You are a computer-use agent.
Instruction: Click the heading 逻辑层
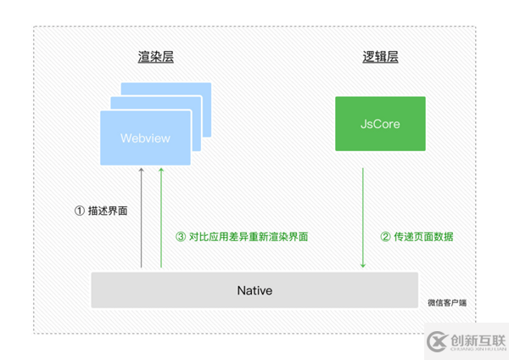coord(380,57)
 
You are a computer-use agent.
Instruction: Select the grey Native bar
coord(255,290)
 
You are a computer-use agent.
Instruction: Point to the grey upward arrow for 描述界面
coord(142,221)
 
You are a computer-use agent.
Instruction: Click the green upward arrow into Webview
coord(159,221)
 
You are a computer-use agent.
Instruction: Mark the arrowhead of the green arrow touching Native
coord(363,267)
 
